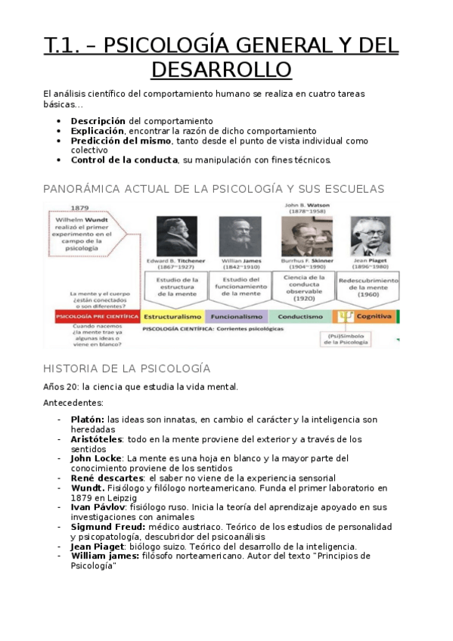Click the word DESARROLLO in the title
221,70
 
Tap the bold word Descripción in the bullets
98,121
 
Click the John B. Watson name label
304,205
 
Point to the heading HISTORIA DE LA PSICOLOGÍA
126,368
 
